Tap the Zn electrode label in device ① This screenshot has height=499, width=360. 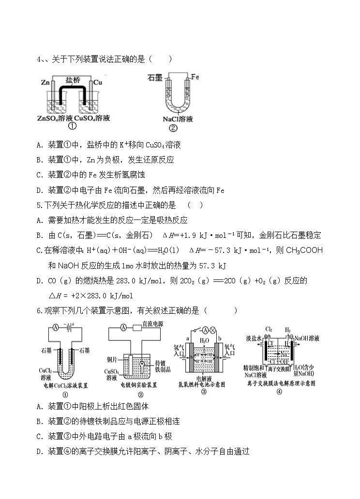pos(46,83)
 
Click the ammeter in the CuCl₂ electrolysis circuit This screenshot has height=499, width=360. pos(56,327)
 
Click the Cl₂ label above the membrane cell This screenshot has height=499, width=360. pos(269,329)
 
